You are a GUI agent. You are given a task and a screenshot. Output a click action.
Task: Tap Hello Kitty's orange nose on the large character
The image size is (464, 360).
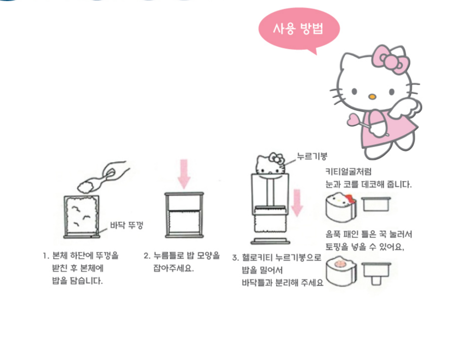[372, 96]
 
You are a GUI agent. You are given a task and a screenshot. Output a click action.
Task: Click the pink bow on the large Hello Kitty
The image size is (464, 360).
[391, 60]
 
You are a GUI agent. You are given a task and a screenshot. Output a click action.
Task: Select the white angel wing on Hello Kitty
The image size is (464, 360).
[406, 107]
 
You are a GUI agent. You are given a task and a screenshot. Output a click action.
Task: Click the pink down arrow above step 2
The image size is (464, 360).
[184, 174]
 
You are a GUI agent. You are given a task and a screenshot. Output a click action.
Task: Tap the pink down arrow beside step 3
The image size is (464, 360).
[296, 203]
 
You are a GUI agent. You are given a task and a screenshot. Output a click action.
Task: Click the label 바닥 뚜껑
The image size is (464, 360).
[127, 225]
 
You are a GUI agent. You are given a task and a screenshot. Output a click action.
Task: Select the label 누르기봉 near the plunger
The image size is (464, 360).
[312, 156]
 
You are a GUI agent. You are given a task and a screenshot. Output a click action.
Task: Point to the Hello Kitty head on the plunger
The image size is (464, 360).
[270, 165]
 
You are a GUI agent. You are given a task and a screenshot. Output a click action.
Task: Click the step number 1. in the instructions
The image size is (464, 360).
[46, 256]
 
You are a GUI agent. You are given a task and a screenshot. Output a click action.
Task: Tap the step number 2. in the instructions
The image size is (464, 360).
[147, 256]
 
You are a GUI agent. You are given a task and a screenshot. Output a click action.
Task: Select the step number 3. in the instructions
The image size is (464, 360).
[235, 258]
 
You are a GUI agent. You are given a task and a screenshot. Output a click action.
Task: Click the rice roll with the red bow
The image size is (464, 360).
[341, 207]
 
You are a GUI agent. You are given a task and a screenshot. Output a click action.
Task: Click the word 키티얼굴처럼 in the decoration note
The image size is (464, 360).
[348, 172]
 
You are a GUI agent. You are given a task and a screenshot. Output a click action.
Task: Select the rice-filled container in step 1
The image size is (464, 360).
[82, 217]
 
